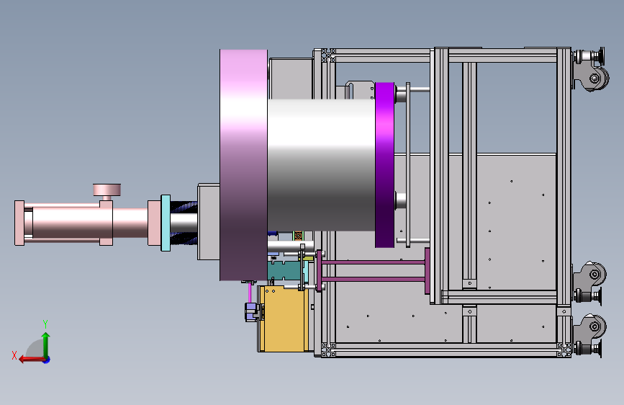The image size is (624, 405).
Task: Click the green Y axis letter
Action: (45, 324)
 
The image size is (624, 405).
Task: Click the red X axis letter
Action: (14, 355)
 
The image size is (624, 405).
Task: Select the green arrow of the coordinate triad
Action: (46, 345)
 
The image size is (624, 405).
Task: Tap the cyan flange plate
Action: (166, 223)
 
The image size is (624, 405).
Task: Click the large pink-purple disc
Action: (243, 165)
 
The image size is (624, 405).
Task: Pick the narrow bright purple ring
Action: (384, 165)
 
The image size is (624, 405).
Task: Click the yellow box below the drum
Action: (284, 319)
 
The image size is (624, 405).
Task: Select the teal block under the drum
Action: (285, 270)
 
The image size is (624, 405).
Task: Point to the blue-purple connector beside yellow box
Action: (251, 312)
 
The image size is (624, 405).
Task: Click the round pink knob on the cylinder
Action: (107, 190)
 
